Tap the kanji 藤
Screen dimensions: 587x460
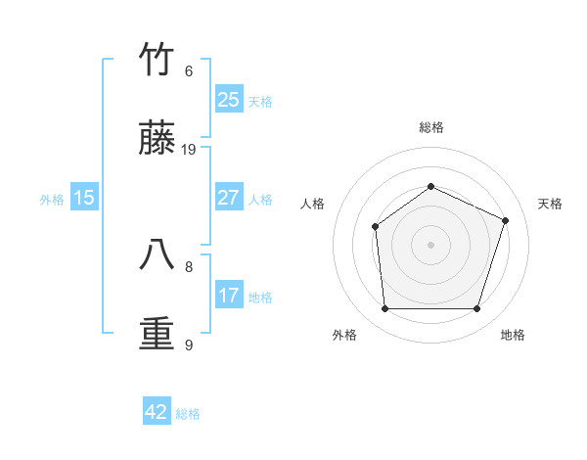tap(157, 139)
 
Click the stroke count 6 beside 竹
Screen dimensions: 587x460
tap(189, 70)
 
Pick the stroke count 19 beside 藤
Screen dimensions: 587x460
tap(189, 150)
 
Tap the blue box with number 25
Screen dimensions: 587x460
tap(228, 100)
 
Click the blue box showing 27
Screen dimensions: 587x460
tap(228, 198)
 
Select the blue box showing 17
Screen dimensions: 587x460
tap(228, 296)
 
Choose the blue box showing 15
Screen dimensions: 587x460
tap(84, 198)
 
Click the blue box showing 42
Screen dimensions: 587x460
tap(157, 412)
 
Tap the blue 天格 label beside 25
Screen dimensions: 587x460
tap(260, 101)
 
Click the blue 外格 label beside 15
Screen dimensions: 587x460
tap(52, 199)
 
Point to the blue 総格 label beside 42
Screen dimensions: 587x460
tap(188, 413)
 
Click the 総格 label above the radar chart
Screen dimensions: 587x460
tap(430, 127)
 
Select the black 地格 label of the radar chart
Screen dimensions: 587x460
tap(513, 335)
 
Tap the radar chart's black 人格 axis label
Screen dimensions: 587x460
tap(313, 204)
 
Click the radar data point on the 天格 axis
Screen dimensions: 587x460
tap(506, 220)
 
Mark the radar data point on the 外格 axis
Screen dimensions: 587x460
tap(384, 309)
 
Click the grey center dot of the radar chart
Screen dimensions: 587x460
tap(430, 245)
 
